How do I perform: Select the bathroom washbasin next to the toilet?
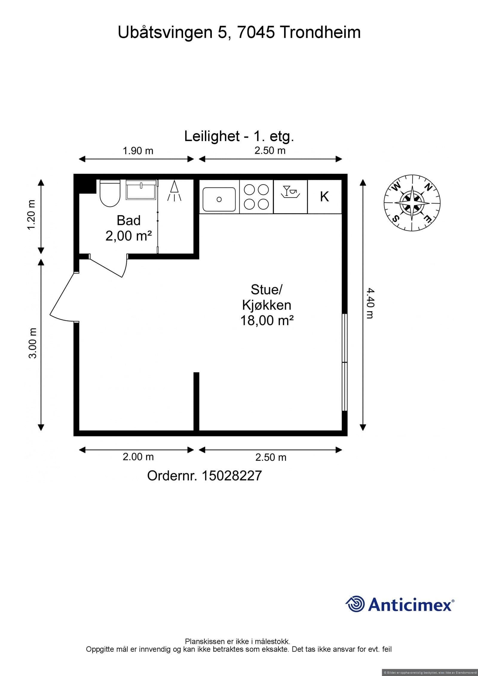click(141, 190)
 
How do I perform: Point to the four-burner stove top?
click(256, 197)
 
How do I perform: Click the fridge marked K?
click(324, 197)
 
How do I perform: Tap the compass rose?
click(412, 203)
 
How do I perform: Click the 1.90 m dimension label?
click(138, 151)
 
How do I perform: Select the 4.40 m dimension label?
click(370, 303)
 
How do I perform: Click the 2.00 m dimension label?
click(138, 457)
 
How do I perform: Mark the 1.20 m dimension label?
click(31, 214)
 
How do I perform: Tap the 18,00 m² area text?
click(267, 321)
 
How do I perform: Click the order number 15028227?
click(232, 476)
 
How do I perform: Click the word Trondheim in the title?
click(320, 32)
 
